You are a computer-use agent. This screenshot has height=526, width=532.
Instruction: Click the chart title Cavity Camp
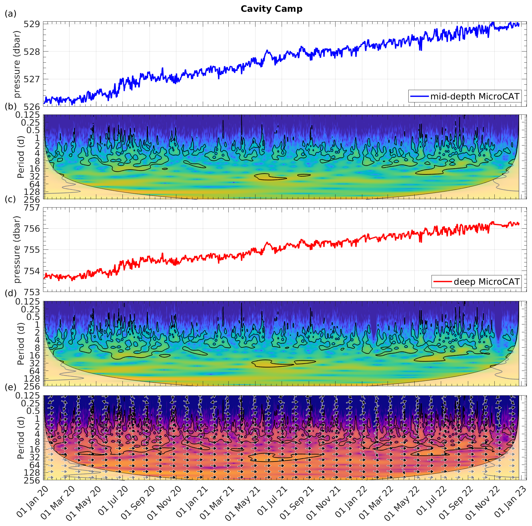coord(271,9)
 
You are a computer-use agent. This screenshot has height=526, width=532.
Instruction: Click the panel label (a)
coord(11,14)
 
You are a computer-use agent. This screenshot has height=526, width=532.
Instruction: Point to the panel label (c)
coord(11,199)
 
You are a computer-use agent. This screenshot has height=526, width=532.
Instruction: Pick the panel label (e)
coord(11,387)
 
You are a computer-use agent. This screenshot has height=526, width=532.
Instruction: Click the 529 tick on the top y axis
coord(32,24)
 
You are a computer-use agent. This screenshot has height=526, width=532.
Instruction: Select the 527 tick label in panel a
coord(32,79)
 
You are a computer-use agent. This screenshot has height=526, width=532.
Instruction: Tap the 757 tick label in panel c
coord(32,208)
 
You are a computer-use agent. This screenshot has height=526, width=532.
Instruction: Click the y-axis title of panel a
coord(17,64)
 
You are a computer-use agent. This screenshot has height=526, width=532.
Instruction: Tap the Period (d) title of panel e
coord(20,438)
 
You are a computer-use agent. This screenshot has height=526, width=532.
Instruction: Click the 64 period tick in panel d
coord(34,371)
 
